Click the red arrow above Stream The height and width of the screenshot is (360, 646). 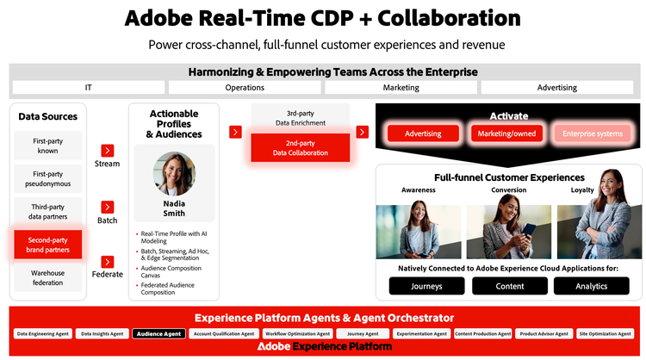coord(108,150)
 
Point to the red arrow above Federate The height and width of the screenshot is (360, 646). coord(108,262)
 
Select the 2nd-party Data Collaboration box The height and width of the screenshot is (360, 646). coord(301,147)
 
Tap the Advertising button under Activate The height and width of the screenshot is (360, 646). coord(423,133)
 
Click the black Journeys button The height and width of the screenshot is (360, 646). coord(427,286)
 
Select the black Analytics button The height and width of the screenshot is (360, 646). coord(592,286)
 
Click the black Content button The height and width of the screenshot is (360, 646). coord(510,286)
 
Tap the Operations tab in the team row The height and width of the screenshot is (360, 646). coord(245,87)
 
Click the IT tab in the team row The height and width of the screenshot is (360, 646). coord(89,87)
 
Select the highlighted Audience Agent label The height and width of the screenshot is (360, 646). coord(158,333)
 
